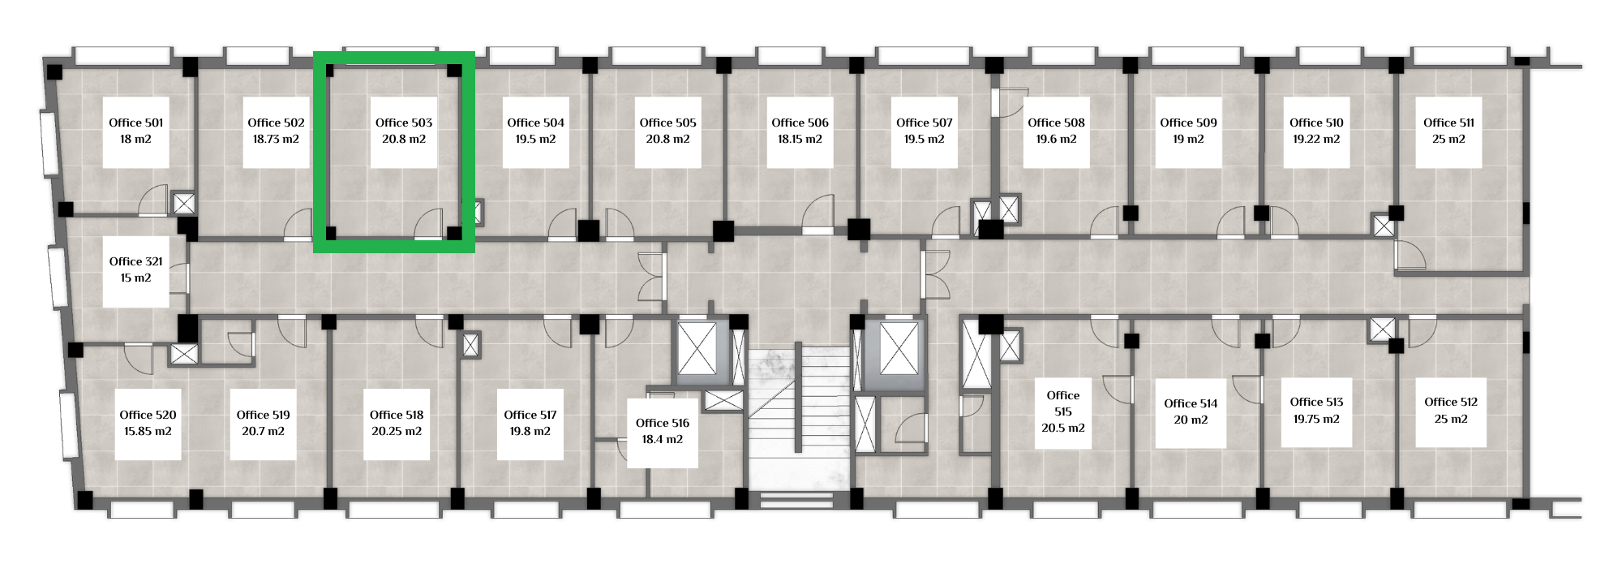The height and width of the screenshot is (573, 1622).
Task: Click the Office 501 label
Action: click(136, 123)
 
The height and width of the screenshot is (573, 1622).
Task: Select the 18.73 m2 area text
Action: click(276, 139)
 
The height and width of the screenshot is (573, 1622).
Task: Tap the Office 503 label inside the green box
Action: click(404, 123)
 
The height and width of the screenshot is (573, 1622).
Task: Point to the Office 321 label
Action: click(136, 261)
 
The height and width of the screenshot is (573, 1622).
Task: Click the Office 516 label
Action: click(663, 423)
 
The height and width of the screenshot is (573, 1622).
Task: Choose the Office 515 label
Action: click(1063, 403)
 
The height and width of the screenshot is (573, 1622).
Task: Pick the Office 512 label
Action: click(1451, 402)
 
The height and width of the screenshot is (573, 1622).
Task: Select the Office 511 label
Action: click(1449, 123)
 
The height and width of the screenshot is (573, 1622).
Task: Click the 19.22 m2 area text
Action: click(1316, 139)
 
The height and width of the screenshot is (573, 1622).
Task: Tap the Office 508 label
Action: click(1056, 123)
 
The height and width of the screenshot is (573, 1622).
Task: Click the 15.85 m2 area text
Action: click(148, 431)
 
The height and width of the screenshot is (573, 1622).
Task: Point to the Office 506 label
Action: click(800, 123)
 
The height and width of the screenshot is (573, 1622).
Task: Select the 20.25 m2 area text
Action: click(397, 431)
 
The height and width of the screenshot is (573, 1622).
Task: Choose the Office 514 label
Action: click(1191, 403)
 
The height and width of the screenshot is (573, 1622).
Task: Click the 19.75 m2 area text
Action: click(1316, 419)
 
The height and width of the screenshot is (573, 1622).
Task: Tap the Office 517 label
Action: click(530, 415)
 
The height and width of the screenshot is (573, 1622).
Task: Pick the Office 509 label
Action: click(1188, 123)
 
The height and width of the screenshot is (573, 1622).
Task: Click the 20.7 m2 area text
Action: click(263, 431)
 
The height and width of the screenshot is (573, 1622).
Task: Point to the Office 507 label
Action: click(925, 123)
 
